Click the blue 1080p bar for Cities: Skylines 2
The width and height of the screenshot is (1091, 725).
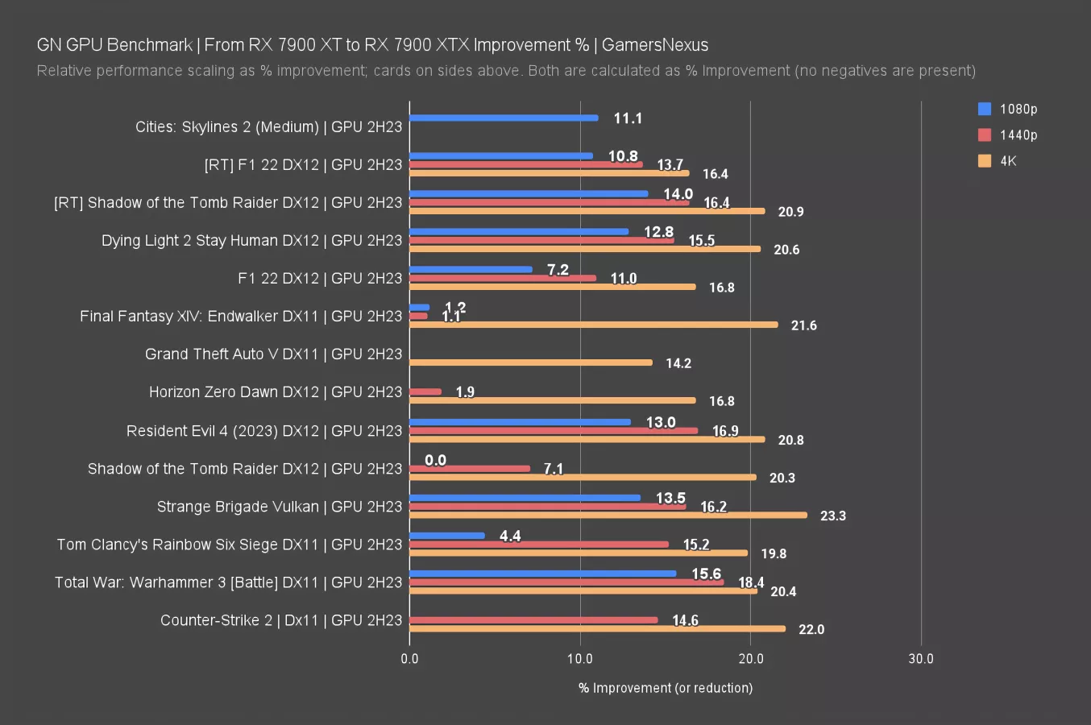tap(504, 118)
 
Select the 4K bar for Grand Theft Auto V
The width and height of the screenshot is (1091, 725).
tap(531, 362)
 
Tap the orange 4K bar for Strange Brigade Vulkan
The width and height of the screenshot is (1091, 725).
tap(608, 515)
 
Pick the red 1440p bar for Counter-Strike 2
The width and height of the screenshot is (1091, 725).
tap(533, 620)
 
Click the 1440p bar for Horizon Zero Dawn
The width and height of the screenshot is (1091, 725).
tap(425, 392)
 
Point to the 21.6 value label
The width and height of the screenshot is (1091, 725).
tap(803, 325)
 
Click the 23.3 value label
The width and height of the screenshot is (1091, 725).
tap(832, 516)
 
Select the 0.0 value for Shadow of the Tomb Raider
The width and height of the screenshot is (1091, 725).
tap(435, 460)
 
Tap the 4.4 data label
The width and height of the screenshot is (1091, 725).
tap(510, 536)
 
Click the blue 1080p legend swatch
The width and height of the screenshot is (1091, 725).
tap(985, 109)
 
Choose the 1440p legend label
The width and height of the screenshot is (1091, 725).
tap(1018, 135)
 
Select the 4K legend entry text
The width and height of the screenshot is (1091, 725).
tap(1008, 160)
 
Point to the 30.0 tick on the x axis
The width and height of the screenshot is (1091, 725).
tap(921, 658)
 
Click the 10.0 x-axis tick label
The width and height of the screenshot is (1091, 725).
tap(580, 658)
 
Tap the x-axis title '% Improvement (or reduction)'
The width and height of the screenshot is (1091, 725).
tap(666, 688)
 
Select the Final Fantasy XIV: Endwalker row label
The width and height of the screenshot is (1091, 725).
tap(241, 317)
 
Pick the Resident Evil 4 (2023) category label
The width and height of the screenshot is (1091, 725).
tap(263, 431)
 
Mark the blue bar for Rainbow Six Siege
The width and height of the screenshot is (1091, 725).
tap(447, 536)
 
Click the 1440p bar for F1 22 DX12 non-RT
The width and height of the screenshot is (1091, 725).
tap(503, 278)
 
